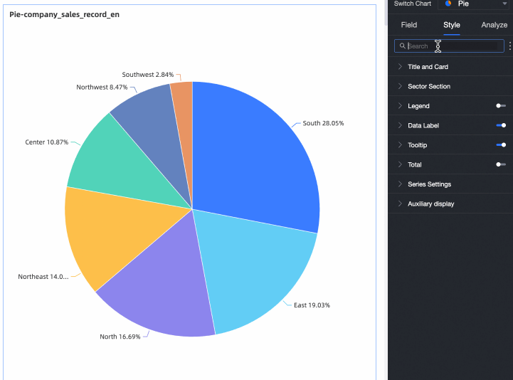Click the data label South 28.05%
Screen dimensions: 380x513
323,123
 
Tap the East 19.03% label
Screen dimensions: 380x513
312,305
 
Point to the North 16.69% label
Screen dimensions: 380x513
120,337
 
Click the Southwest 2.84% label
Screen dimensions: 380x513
147,75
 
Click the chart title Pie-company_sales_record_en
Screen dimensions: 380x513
64,14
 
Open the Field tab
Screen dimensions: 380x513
409,25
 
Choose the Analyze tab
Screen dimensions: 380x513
494,25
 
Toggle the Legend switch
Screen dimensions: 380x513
501,106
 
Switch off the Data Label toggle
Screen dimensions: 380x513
501,125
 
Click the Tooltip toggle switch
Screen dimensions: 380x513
501,145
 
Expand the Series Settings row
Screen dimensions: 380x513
439,184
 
